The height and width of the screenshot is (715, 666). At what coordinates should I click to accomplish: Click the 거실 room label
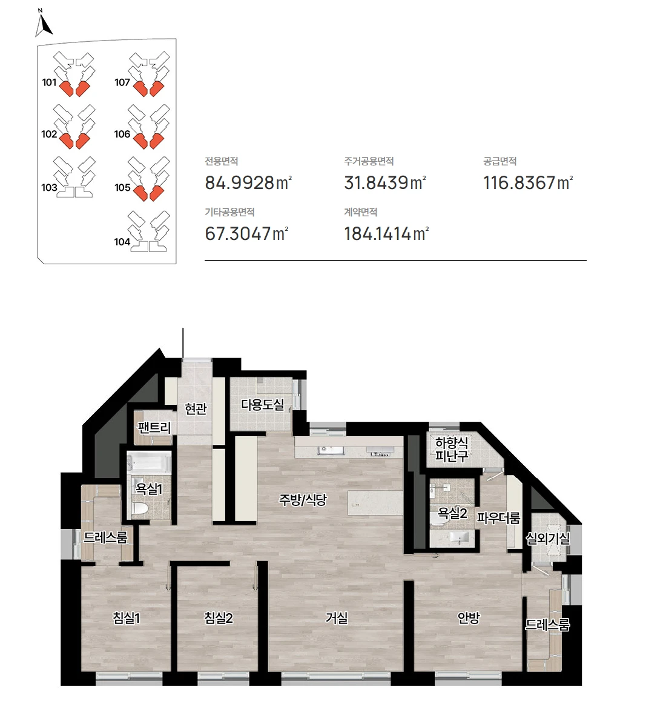(x=337, y=618)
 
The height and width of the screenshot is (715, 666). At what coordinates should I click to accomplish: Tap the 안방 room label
(x=469, y=618)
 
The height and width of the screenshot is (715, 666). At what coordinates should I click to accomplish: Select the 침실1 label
(x=127, y=618)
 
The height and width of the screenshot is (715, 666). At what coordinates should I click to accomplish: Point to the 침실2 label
(x=219, y=618)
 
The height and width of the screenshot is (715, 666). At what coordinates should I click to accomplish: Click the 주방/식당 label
(x=303, y=501)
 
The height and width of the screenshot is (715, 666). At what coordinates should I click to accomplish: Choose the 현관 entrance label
(x=196, y=408)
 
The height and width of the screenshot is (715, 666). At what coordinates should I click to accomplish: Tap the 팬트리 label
(x=154, y=428)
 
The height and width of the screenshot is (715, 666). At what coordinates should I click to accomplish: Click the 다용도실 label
(x=262, y=405)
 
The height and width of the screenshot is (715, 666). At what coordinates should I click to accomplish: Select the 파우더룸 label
(x=498, y=518)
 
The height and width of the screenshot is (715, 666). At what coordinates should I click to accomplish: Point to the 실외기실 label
(x=547, y=539)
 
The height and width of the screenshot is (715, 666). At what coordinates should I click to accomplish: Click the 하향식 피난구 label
(x=452, y=449)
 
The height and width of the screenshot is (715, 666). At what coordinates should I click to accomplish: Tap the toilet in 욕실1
(x=139, y=510)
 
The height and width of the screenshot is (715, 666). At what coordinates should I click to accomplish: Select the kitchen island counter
(x=375, y=503)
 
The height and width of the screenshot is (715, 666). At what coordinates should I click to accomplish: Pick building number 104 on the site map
(x=122, y=242)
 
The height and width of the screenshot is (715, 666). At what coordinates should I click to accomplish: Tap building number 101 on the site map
(x=49, y=82)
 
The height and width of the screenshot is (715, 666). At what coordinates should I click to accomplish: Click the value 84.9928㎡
(x=248, y=183)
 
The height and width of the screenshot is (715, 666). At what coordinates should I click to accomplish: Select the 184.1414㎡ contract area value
(x=386, y=234)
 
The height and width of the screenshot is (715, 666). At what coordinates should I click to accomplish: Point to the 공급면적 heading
(x=499, y=161)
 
